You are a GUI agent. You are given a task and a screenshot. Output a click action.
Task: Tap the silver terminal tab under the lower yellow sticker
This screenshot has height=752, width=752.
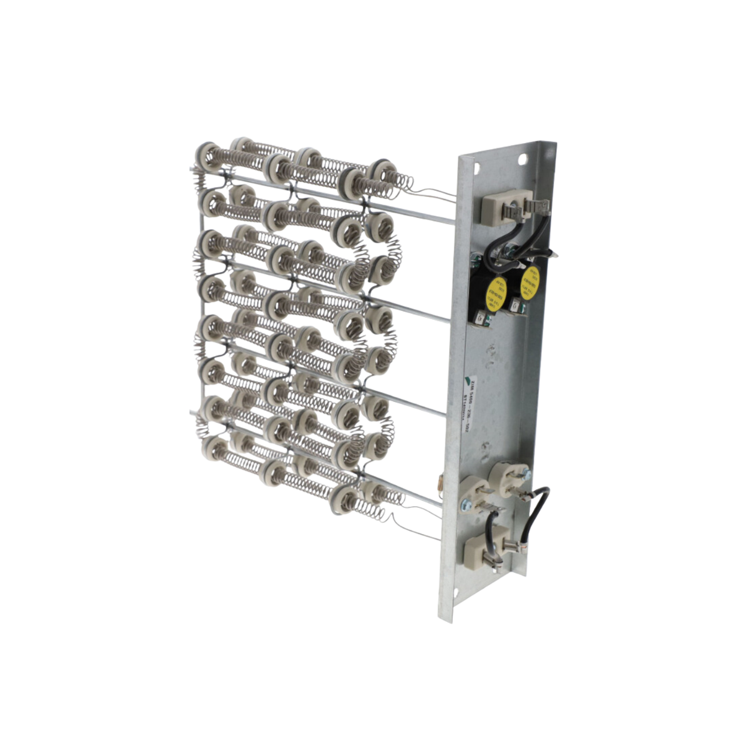click(514, 306)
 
